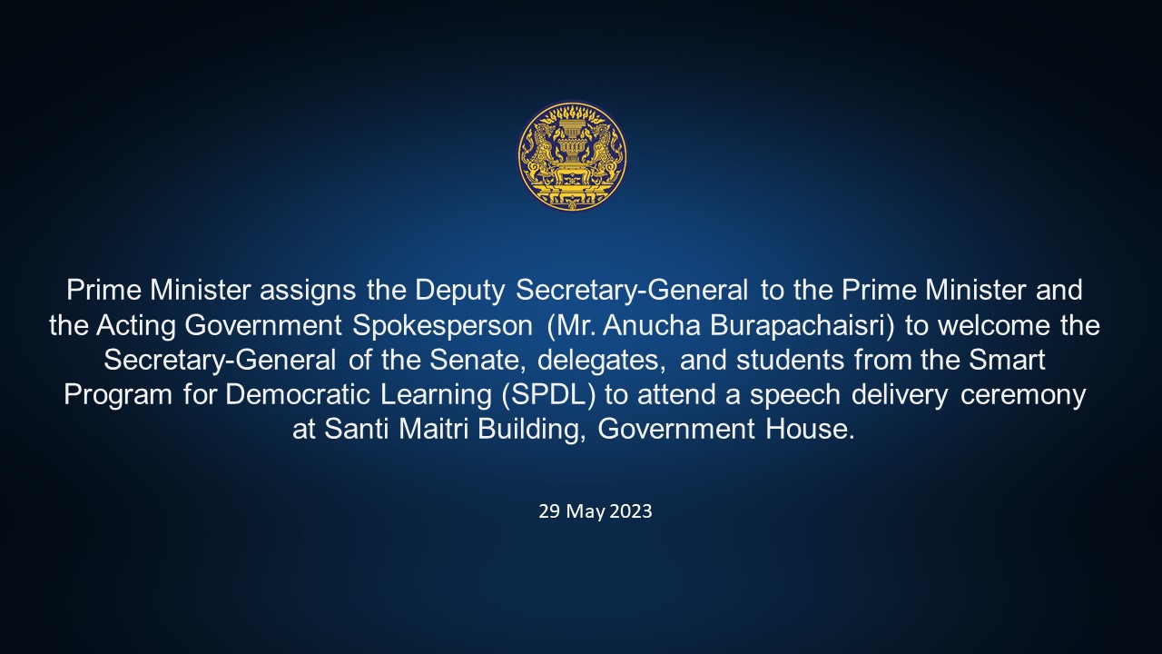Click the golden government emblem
572,155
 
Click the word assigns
308,291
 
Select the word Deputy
459,291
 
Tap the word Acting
136,326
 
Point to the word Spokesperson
442,326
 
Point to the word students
790,361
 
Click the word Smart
1007,361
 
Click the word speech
794,395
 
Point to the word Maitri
433,430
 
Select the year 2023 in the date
630,511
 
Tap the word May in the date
586,512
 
